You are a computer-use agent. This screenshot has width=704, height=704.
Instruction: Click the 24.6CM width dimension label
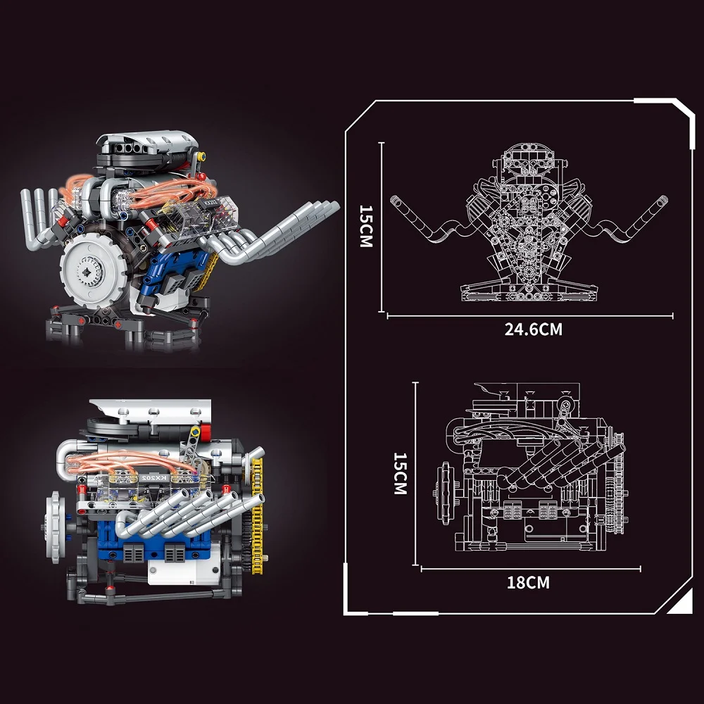tap(533, 329)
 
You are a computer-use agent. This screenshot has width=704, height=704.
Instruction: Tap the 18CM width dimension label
tap(528, 582)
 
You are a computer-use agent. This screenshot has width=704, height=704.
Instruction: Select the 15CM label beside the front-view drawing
tap(366, 226)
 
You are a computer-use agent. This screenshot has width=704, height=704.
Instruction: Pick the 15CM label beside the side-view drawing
tap(400, 473)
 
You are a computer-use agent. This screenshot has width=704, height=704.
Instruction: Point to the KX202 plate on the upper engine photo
tap(210, 202)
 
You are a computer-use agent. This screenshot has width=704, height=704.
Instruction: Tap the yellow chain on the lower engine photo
tap(257, 516)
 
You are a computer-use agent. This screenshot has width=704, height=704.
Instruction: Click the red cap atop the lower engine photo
tap(206, 432)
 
